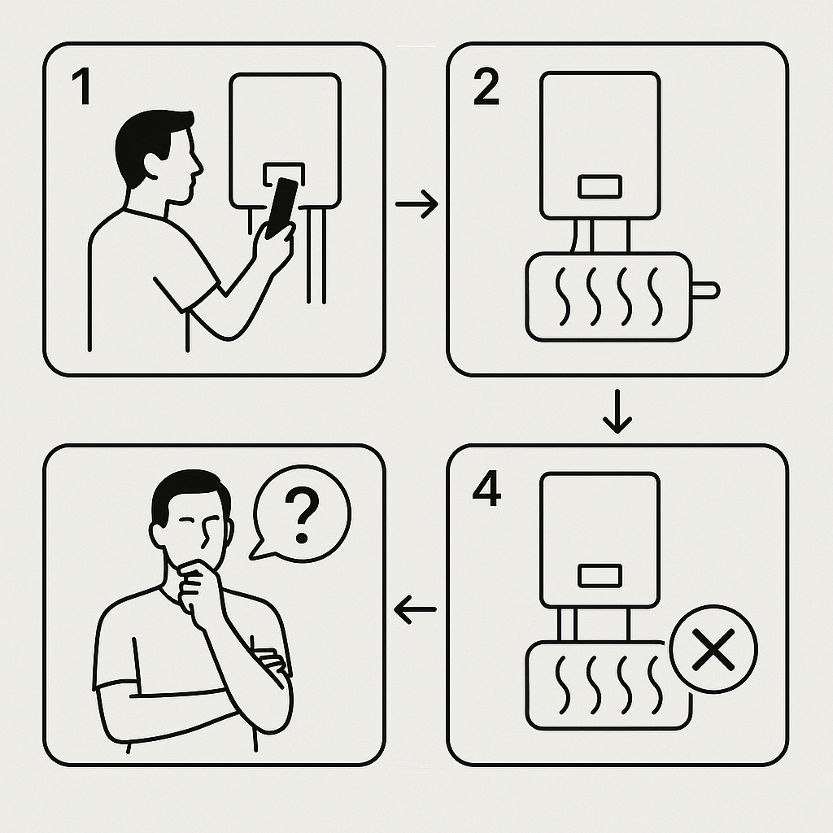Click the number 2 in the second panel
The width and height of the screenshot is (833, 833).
tap(486, 88)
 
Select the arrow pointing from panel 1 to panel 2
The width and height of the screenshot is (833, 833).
tap(416, 203)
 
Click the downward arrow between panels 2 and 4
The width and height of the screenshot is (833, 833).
tap(617, 412)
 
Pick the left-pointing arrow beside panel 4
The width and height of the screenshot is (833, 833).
tap(416, 609)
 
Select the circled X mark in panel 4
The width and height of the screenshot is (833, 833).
tap(713, 649)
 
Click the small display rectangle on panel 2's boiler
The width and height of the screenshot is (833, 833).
tap(600, 186)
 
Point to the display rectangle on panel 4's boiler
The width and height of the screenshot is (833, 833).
tap(600, 576)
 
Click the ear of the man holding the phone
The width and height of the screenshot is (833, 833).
tap(152, 166)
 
